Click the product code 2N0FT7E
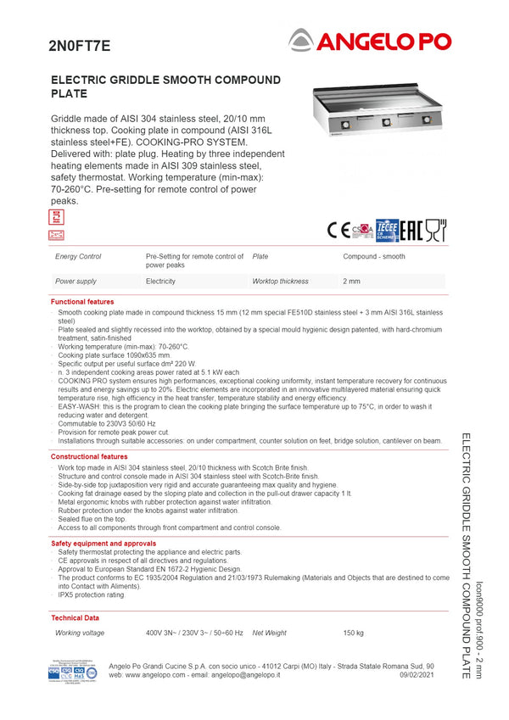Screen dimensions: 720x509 point(79,46)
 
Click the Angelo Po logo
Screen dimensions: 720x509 point(370,40)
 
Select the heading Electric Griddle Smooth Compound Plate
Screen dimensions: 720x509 point(165,87)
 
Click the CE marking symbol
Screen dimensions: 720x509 point(338,230)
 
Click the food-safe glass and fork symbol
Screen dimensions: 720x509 point(435,230)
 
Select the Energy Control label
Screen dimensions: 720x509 point(78,256)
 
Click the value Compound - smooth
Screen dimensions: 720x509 point(373,256)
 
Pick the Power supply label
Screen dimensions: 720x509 point(76,281)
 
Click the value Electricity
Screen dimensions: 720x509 point(160,281)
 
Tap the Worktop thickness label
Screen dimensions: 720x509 point(280,281)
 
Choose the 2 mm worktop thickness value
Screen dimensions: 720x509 point(351,281)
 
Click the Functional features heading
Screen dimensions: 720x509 point(82,302)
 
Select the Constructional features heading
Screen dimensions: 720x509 point(89,456)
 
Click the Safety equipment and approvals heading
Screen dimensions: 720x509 point(103,543)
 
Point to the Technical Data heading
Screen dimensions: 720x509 point(75,618)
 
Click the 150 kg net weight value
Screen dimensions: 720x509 point(353,633)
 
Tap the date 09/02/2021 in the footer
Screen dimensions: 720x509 point(417,674)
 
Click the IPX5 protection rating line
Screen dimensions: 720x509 point(91,594)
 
